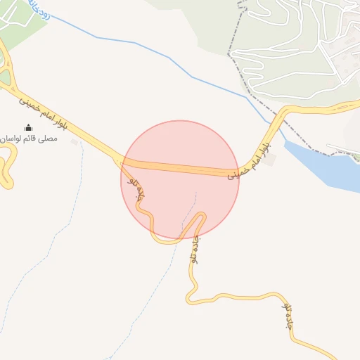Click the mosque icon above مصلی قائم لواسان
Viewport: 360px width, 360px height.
tap(28, 127)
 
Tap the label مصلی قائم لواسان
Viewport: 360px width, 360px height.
tap(29, 139)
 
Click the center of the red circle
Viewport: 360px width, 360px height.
tap(180, 180)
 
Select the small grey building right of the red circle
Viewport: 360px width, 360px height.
tap(271, 160)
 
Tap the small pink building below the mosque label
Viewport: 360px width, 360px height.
tap(75, 141)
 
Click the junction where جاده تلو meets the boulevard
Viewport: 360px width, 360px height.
tap(124, 163)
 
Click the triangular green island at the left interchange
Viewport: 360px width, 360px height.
tap(6, 77)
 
